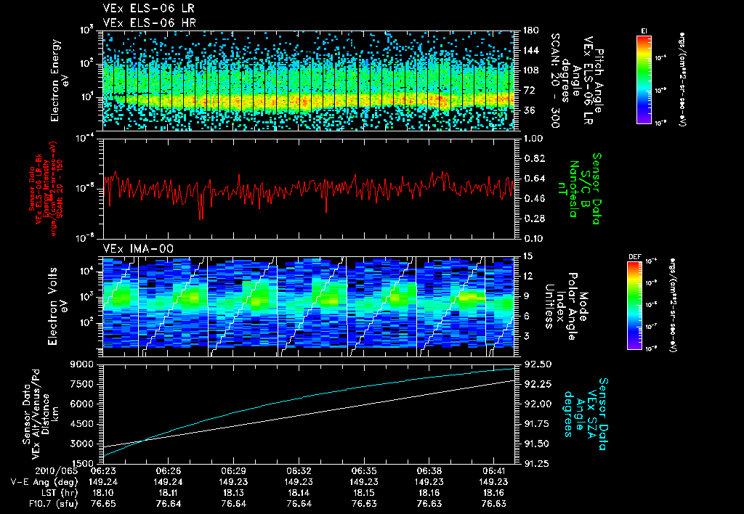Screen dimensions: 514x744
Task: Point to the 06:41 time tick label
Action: (493, 470)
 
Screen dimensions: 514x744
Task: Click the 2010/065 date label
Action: (26, 470)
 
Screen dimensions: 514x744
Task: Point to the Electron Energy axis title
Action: (56, 78)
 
